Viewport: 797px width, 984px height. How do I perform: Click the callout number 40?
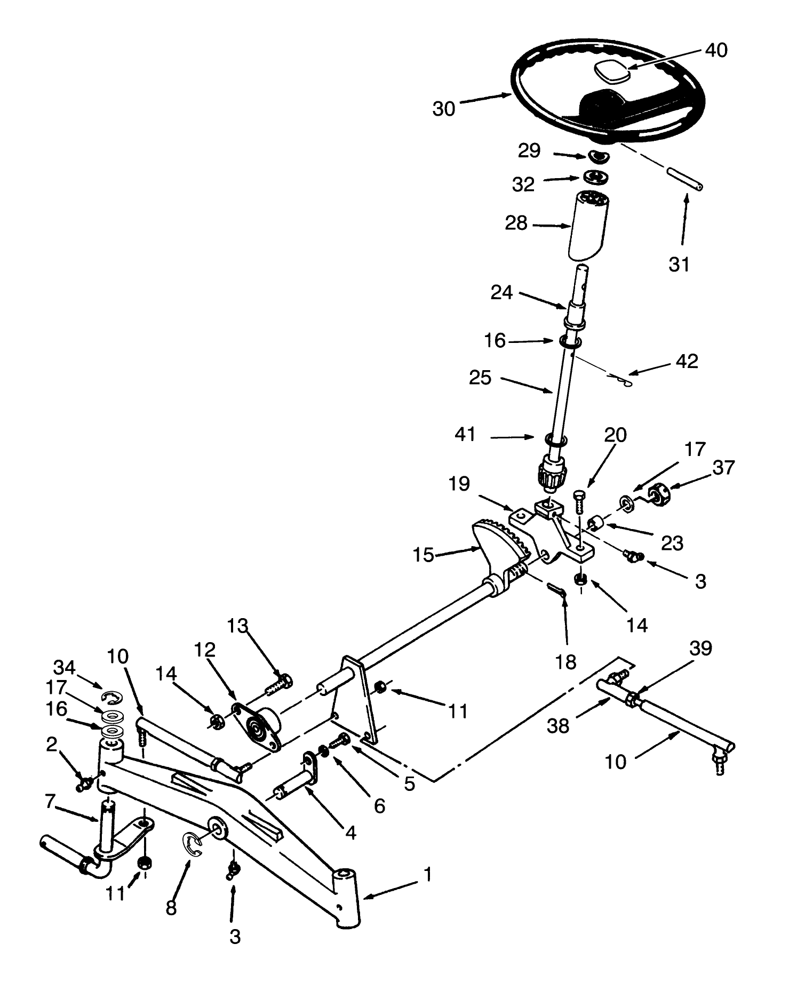click(x=716, y=50)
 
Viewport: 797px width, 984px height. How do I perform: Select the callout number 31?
click(x=679, y=263)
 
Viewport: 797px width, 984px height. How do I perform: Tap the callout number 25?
click(x=480, y=378)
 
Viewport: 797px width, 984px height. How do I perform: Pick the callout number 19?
click(x=459, y=484)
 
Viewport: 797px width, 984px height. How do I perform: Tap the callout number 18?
click(x=565, y=662)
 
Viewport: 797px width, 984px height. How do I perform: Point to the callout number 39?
click(x=700, y=649)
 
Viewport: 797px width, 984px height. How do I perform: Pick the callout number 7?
click(x=50, y=801)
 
